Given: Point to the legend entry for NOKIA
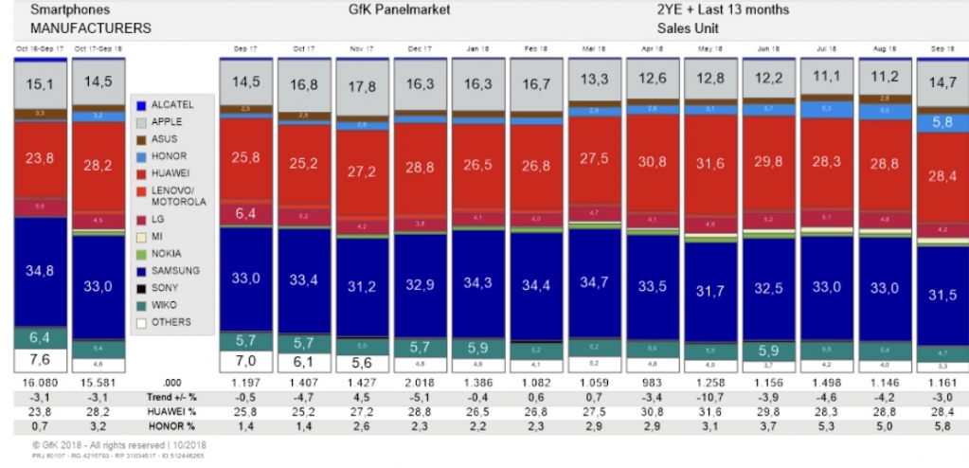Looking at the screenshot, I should [x=166, y=254].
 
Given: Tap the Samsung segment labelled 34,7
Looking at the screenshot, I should [x=595, y=283].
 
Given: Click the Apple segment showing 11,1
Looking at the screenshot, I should [x=827, y=77].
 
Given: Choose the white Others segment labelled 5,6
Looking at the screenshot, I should [x=364, y=362].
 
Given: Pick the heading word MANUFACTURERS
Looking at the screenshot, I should [x=77, y=28].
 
